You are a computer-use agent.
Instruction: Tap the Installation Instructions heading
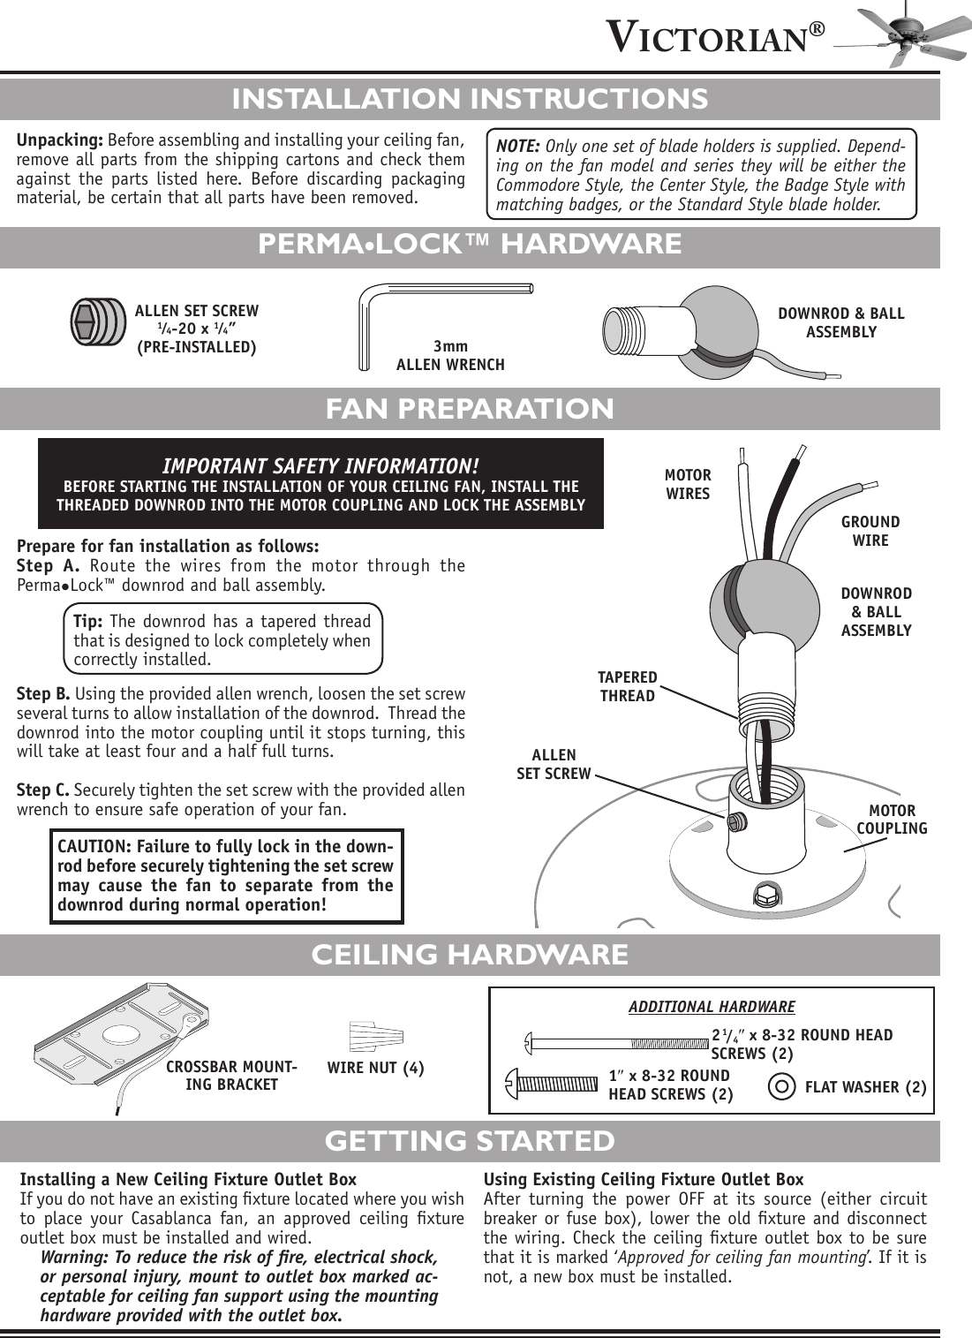[x=469, y=98]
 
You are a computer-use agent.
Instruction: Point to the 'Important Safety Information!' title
[x=320, y=465]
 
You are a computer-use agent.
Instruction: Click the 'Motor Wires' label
[x=688, y=485]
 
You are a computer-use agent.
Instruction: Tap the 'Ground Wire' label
[x=870, y=531]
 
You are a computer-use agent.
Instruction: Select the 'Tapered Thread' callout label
[x=627, y=686]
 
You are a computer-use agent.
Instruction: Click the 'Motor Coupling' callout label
[x=892, y=819]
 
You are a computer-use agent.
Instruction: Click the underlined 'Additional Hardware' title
[x=711, y=1007]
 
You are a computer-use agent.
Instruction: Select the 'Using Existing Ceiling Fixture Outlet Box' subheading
[x=644, y=1179]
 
